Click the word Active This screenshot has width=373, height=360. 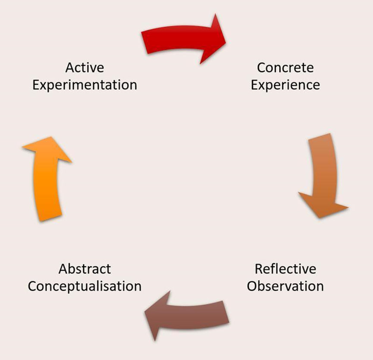(x=85, y=68)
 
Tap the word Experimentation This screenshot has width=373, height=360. (x=85, y=85)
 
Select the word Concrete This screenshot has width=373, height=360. (x=285, y=68)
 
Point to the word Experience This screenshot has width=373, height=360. (x=285, y=85)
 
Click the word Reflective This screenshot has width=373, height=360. (x=285, y=269)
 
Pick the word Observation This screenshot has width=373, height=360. (x=285, y=286)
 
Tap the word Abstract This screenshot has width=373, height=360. (x=85, y=269)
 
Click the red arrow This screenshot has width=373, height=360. (x=184, y=39)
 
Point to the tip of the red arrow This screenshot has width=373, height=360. (x=226, y=43)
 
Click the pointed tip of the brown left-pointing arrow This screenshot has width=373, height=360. (x=145, y=312)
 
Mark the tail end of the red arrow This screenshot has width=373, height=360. (x=144, y=43)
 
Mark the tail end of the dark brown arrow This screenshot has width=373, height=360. (x=226, y=312)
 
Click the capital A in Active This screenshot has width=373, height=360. (x=69, y=68)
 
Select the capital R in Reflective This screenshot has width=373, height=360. (x=259, y=269)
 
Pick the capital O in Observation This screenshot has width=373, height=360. (x=252, y=286)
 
